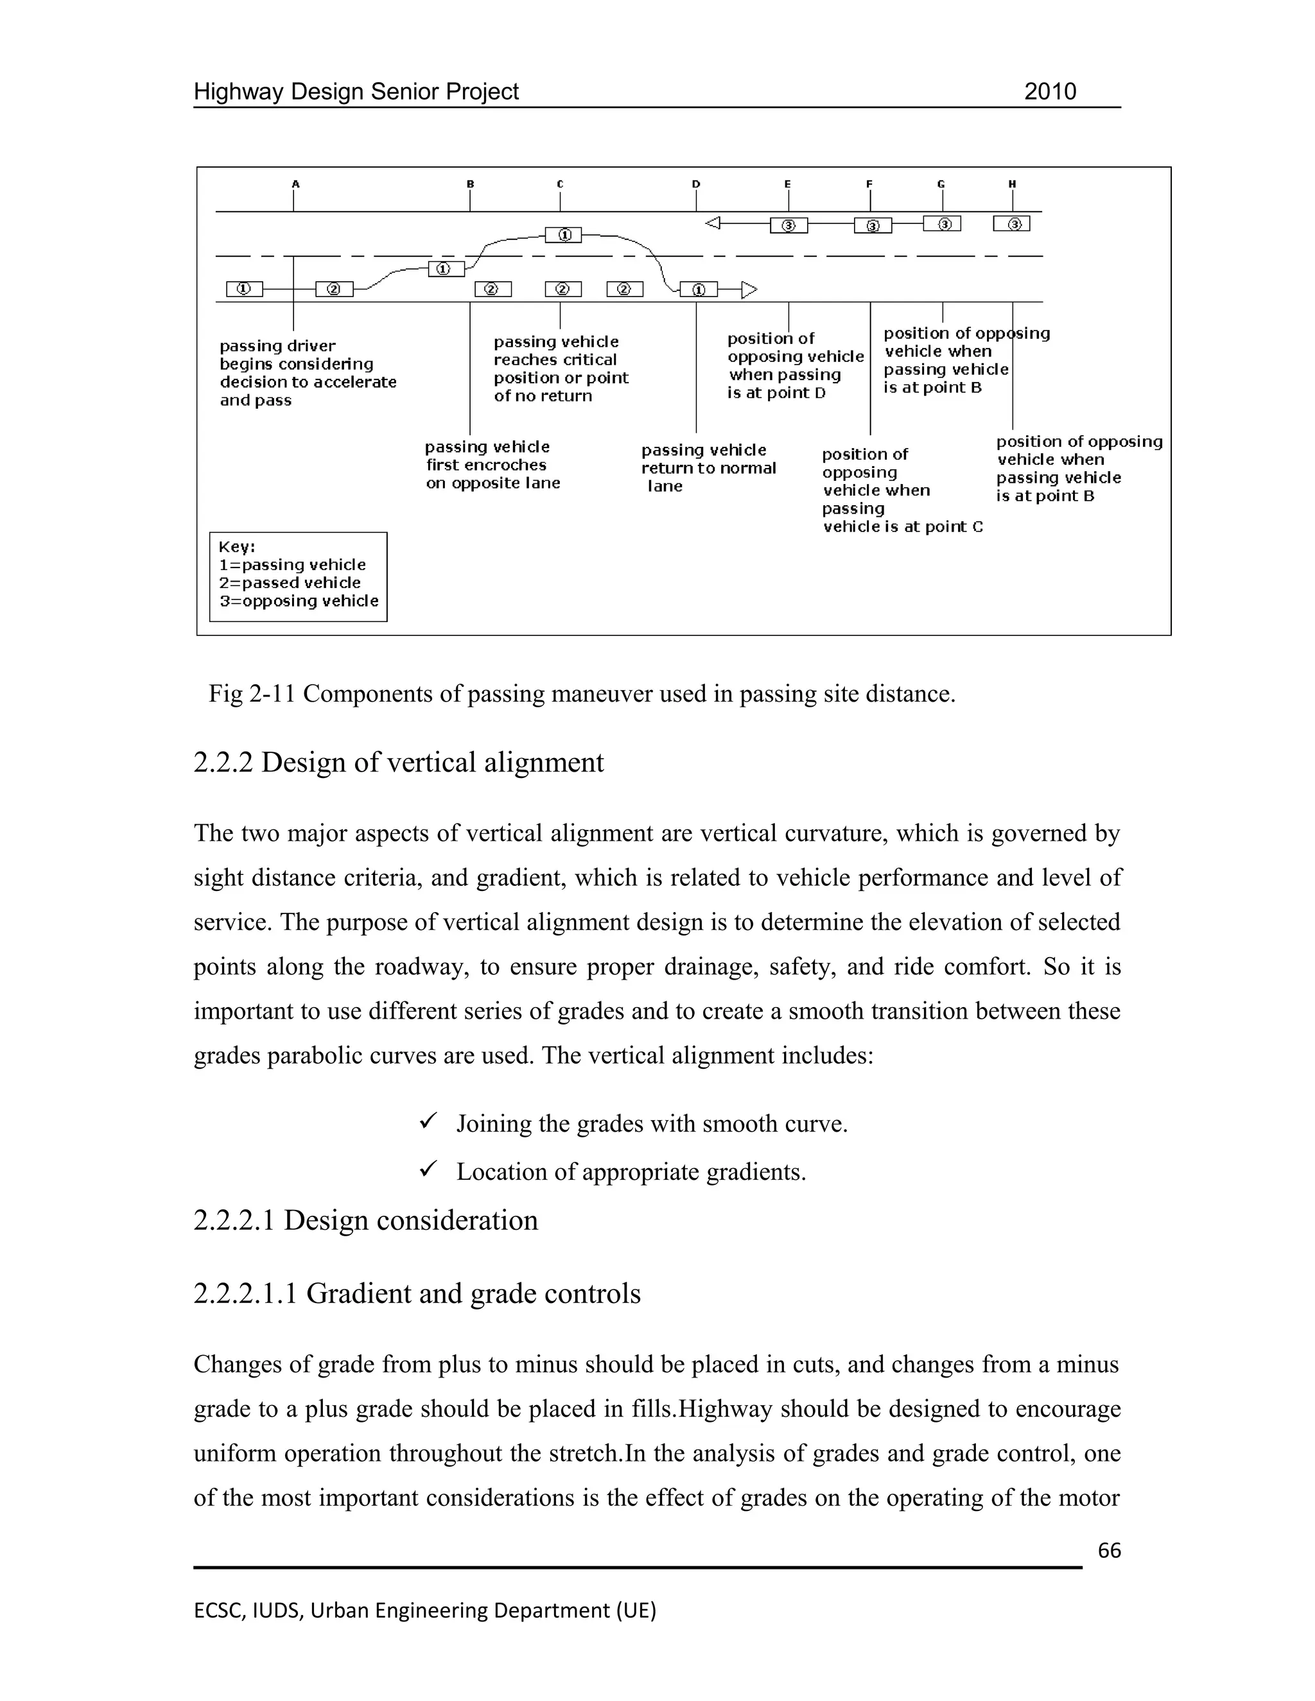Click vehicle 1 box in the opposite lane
tap(563, 234)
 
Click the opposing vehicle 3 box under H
tap(1012, 224)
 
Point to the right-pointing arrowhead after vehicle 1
tap(749, 289)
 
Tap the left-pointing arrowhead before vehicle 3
tap(712, 224)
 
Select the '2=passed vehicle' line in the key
tap(290, 583)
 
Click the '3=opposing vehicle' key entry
tap(299, 601)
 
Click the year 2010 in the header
tap(1049, 92)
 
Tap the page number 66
tap(1108, 1551)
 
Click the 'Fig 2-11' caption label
tap(252, 693)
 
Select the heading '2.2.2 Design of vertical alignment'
tap(398, 763)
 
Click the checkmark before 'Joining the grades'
tap(428, 1121)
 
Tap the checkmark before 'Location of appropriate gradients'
tap(428, 1169)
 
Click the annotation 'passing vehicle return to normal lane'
tap(708, 467)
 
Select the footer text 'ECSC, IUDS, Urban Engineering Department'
tap(424, 1610)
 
